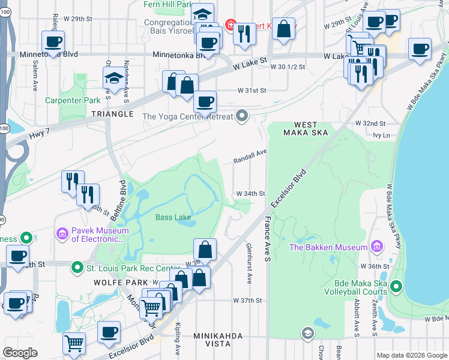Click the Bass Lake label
[173, 217]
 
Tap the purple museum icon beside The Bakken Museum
[376, 247]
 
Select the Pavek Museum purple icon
[62, 233]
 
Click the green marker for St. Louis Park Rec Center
[77, 268]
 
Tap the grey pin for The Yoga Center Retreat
[242, 116]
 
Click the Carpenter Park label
[73, 100]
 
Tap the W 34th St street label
[251, 194]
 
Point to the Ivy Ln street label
[381, 136]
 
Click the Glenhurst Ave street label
[250, 263]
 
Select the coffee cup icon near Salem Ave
[53, 41]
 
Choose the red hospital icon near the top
[230, 25]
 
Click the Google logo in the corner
[20, 353]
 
